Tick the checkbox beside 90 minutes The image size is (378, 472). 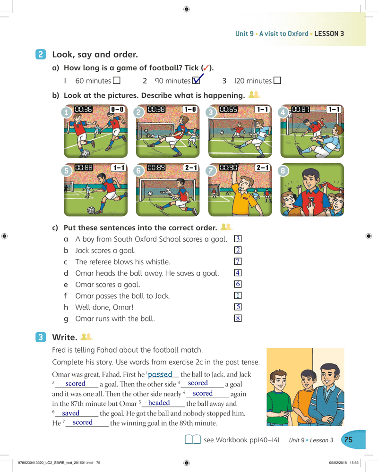[x=196, y=80]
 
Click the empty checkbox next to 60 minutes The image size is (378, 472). [x=117, y=80]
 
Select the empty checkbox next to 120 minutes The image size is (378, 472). [x=277, y=80]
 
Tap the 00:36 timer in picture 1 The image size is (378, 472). [x=84, y=110]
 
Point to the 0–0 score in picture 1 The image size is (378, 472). [x=117, y=110]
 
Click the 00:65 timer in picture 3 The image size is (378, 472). [x=228, y=110]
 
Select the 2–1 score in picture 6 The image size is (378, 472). [x=191, y=168]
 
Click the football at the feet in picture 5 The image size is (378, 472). [x=91, y=210]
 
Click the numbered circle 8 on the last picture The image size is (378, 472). [x=283, y=171]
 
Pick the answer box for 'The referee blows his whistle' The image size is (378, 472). [x=238, y=261]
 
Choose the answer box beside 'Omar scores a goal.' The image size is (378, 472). [x=238, y=284]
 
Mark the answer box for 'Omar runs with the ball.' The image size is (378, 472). [x=238, y=318]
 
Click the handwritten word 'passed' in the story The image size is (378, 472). [x=160, y=374]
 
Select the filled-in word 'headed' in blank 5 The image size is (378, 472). [x=159, y=403]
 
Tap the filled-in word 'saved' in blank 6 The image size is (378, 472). [x=70, y=413]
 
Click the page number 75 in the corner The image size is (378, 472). [x=348, y=440]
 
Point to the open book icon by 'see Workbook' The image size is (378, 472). [x=193, y=439]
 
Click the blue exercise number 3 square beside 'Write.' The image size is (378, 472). [x=41, y=337]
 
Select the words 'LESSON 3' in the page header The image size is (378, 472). [x=329, y=34]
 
